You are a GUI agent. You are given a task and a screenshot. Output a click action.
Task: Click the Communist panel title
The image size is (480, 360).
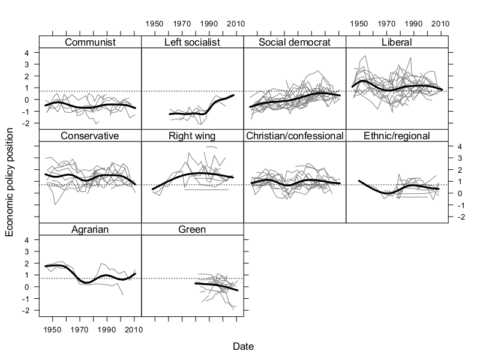90,42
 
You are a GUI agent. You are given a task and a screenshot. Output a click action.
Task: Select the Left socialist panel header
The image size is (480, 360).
192,42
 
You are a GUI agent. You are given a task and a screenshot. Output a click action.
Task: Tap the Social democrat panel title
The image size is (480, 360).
295,42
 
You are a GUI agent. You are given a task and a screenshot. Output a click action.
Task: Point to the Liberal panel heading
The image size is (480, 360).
397,42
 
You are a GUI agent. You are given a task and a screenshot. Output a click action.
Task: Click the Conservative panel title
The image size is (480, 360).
90,136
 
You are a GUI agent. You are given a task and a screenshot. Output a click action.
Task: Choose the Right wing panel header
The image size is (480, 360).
192,136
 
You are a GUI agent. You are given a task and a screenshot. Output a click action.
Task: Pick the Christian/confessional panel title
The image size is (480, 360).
295,136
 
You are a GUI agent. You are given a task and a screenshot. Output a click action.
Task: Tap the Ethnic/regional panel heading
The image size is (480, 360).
397,136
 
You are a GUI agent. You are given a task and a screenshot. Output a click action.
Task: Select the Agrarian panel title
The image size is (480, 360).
90,229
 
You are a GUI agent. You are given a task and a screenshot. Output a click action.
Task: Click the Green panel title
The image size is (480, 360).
192,229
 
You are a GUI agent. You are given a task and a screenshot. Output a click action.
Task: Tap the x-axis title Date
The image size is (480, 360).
243,346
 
